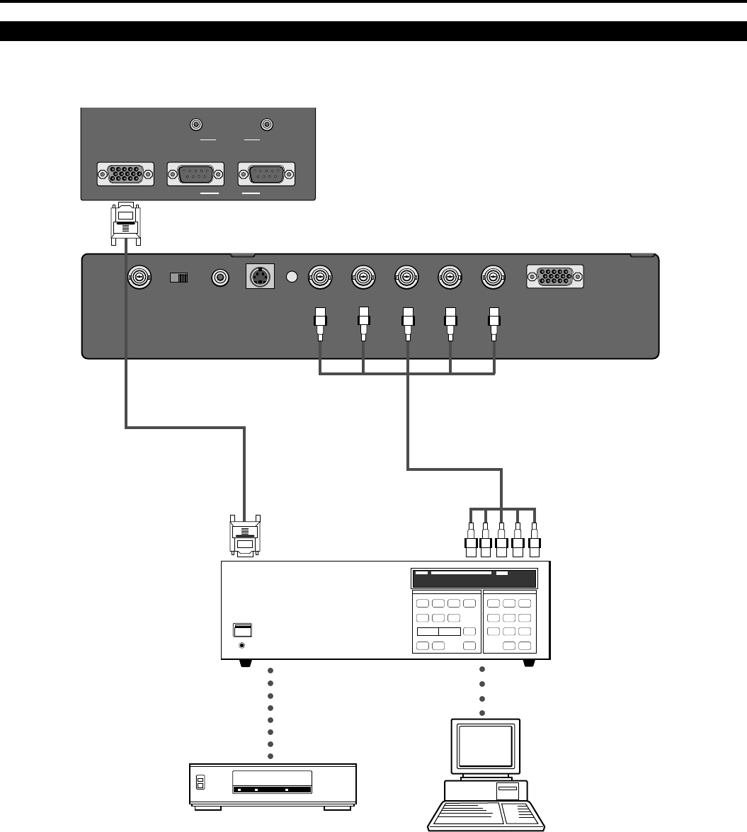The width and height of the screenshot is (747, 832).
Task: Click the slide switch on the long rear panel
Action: (x=180, y=278)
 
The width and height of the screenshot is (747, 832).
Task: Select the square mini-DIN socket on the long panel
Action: (x=260, y=277)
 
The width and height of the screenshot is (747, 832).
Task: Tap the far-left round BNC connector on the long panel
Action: (x=137, y=277)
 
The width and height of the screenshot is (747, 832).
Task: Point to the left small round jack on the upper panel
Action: (x=197, y=125)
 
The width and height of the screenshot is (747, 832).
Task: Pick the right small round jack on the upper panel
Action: (x=267, y=125)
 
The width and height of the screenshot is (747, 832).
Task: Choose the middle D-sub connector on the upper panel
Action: (x=195, y=174)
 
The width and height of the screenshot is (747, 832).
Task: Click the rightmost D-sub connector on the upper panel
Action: (x=266, y=174)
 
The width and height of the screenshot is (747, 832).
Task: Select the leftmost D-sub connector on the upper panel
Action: (x=124, y=174)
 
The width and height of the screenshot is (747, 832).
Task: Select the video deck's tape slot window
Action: (x=273, y=783)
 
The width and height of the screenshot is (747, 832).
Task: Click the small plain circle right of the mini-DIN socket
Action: (x=290, y=277)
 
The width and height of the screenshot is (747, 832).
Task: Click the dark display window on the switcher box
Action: (x=474, y=577)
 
